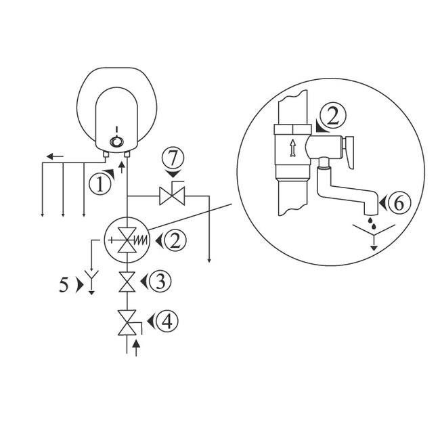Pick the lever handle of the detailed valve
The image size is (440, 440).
[349, 150]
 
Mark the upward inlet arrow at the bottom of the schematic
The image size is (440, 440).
[137, 349]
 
